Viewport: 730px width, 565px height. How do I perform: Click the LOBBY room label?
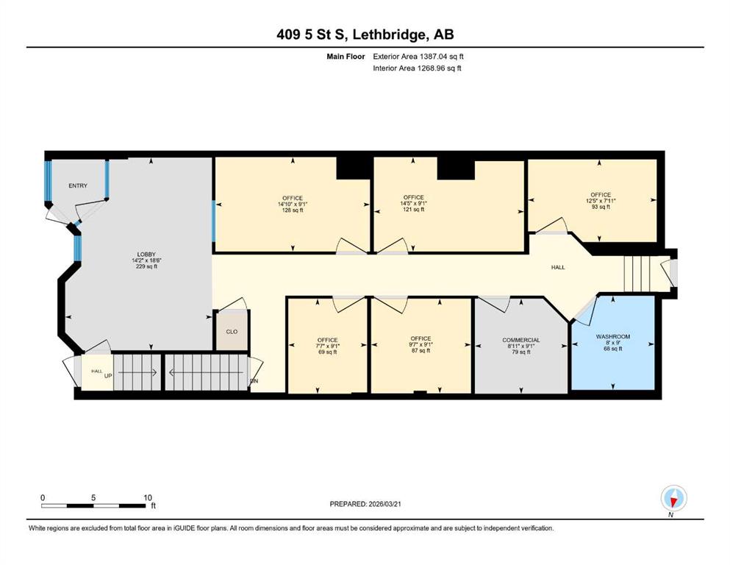pos(146,255)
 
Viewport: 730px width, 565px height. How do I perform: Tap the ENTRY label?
pos(78,186)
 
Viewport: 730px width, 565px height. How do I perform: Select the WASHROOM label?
pos(613,337)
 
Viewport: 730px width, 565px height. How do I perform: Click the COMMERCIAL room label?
pos(521,340)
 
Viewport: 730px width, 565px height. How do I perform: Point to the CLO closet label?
pos(232,332)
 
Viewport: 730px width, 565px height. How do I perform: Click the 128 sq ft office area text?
pos(293,210)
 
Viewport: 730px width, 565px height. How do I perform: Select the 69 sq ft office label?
pos(328,352)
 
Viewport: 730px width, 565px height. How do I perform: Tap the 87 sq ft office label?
pos(421,351)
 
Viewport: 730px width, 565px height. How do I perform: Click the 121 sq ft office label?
pos(413,210)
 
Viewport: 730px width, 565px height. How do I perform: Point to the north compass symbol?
pos(673,499)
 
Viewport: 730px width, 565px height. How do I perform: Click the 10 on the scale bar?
pos(148,497)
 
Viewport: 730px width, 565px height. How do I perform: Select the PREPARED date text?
pos(365,504)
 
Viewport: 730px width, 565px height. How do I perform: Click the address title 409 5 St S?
pos(312,35)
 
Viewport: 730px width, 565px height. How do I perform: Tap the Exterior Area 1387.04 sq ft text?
pos(418,57)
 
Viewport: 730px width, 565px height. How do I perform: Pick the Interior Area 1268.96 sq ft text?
pos(417,68)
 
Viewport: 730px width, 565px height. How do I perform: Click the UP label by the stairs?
pos(108,375)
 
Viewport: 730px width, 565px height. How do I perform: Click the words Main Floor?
pos(346,57)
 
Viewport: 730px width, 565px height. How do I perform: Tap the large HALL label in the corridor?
pos(558,267)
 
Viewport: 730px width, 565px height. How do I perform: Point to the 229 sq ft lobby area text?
pos(146,266)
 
